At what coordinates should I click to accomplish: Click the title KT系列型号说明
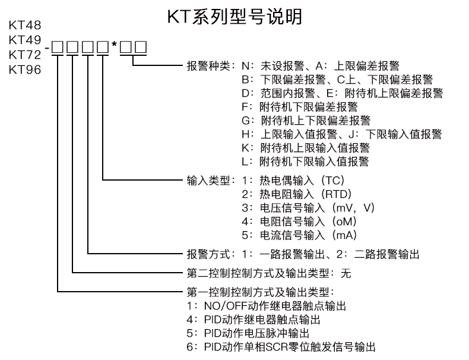[x=235, y=16]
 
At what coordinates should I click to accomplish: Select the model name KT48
[x=25, y=25]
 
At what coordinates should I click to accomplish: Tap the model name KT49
[x=25, y=40]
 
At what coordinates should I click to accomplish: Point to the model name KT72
[x=25, y=55]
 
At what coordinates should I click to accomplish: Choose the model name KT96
[x=25, y=70]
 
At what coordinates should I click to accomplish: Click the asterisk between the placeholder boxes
[x=114, y=45]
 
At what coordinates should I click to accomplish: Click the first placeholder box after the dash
[x=57, y=47]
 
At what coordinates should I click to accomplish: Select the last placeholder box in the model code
[x=141, y=47]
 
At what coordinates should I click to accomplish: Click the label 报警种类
[x=208, y=66]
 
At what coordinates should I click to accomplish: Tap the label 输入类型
[x=208, y=181]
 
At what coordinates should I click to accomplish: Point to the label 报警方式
[x=208, y=254]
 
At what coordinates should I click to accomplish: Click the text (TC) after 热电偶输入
[x=332, y=181]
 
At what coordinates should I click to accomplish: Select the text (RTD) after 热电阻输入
[x=336, y=194]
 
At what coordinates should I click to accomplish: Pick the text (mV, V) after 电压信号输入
[x=353, y=208]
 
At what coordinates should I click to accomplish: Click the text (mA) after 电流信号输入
[x=344, y=235]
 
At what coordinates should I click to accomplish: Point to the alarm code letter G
[x=246, y=121]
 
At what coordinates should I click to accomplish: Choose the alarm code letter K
[x=246, y=148]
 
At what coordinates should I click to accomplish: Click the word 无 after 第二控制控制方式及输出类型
[x=346, y=273]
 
